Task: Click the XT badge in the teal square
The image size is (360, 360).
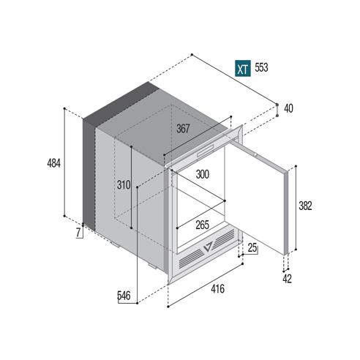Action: coord(243,68)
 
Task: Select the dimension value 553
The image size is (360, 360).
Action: coord(261,67)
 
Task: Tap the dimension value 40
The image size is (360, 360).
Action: coord(288,108)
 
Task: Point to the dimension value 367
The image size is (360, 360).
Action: coord(183,129)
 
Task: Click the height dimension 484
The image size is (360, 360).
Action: coord(53,163)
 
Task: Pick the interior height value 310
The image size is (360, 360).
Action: coord(124,185)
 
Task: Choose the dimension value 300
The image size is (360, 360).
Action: coord(203,174)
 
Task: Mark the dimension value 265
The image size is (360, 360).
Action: coord(203,225)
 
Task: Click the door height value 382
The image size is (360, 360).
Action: coord(305,206)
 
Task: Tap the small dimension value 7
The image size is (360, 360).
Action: coord(78,233)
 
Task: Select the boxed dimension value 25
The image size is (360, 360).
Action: coord(252,248)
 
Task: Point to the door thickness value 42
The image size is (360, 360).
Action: coord(287,279)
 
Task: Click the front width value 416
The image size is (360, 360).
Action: coord(217,289)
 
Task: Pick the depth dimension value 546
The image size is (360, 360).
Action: coord(124,296)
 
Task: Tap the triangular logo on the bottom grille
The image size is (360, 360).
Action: coord(208,247)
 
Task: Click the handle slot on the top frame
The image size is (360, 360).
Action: coord(206,151)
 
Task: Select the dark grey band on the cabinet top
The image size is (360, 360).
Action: coord(121,105)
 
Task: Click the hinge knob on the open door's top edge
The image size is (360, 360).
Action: coord(255,154)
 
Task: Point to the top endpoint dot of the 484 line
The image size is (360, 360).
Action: coord(64,108)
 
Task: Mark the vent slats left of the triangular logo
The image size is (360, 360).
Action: coord(191,258)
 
